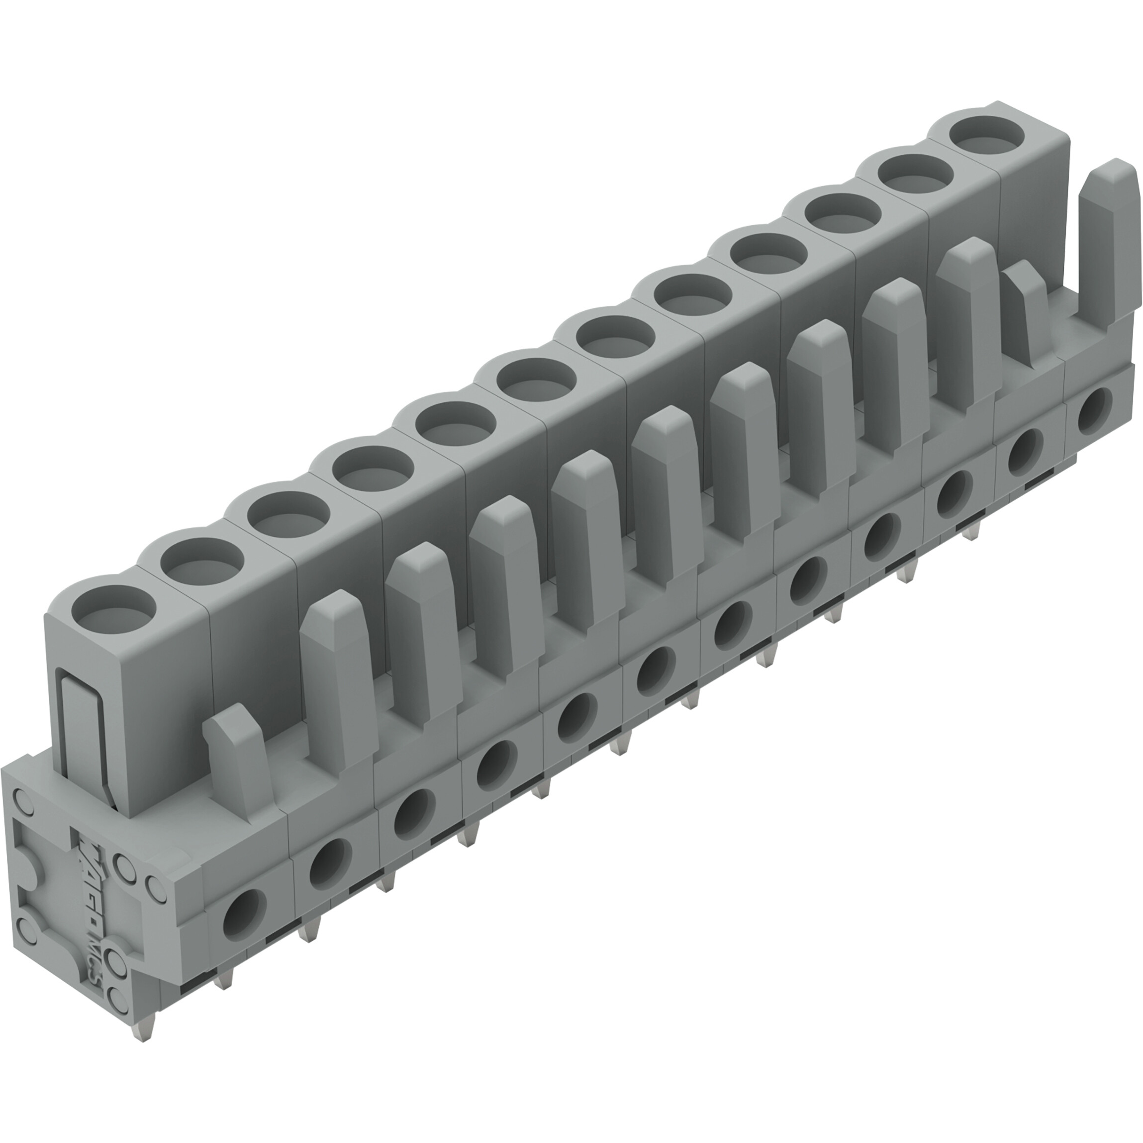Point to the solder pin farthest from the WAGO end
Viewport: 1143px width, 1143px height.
(970, 532)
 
